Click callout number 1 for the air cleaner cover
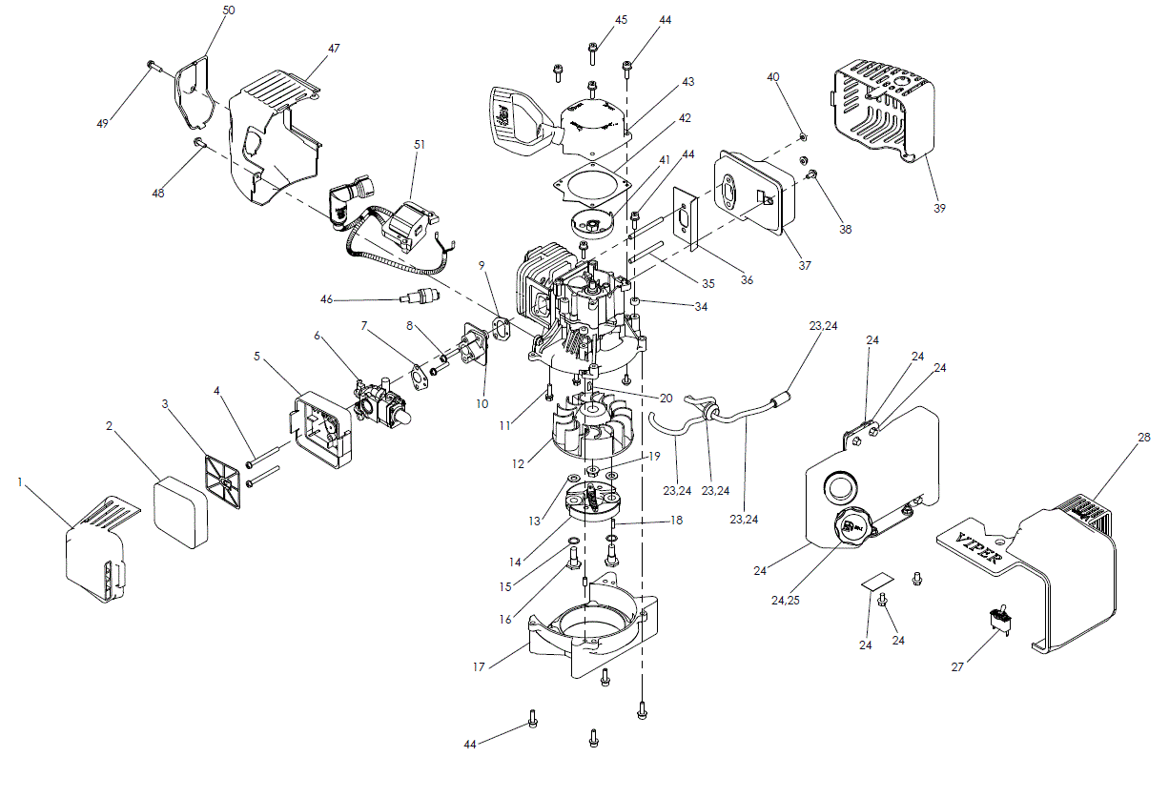click(20, 482)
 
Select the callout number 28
click(1142, 438)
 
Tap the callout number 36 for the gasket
click(747, 278)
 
